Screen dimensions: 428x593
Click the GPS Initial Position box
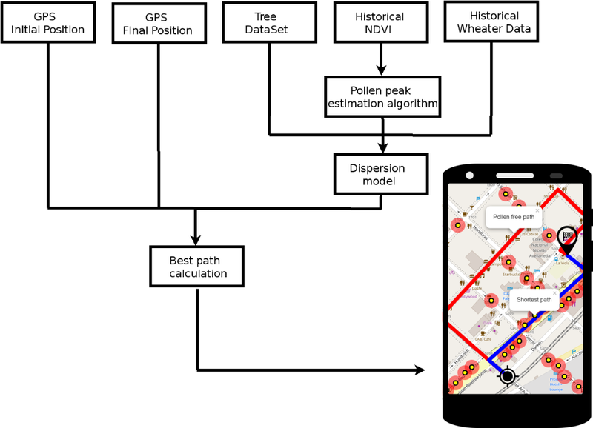point(48,22)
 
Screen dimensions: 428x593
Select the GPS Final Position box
point(157,23)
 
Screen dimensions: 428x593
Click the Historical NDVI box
point(380,22)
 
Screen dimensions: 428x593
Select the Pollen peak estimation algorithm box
point(382,96)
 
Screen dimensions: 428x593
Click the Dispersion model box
point(381,174)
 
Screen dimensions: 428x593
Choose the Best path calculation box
point(196,267)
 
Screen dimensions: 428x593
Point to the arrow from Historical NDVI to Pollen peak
point(381,59)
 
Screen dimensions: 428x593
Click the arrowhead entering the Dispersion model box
point(382,149)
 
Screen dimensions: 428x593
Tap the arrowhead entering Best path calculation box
point(196,240)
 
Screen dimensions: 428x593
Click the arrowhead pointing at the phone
point(420,370)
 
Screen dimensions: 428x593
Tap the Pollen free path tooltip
point(513,217)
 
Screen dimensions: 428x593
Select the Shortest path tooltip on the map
point(534,300)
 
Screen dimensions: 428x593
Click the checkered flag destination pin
point(568,238)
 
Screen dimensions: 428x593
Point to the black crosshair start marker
point(508,376)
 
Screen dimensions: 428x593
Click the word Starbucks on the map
point(511,274)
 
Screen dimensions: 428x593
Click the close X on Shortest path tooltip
point(554,292)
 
